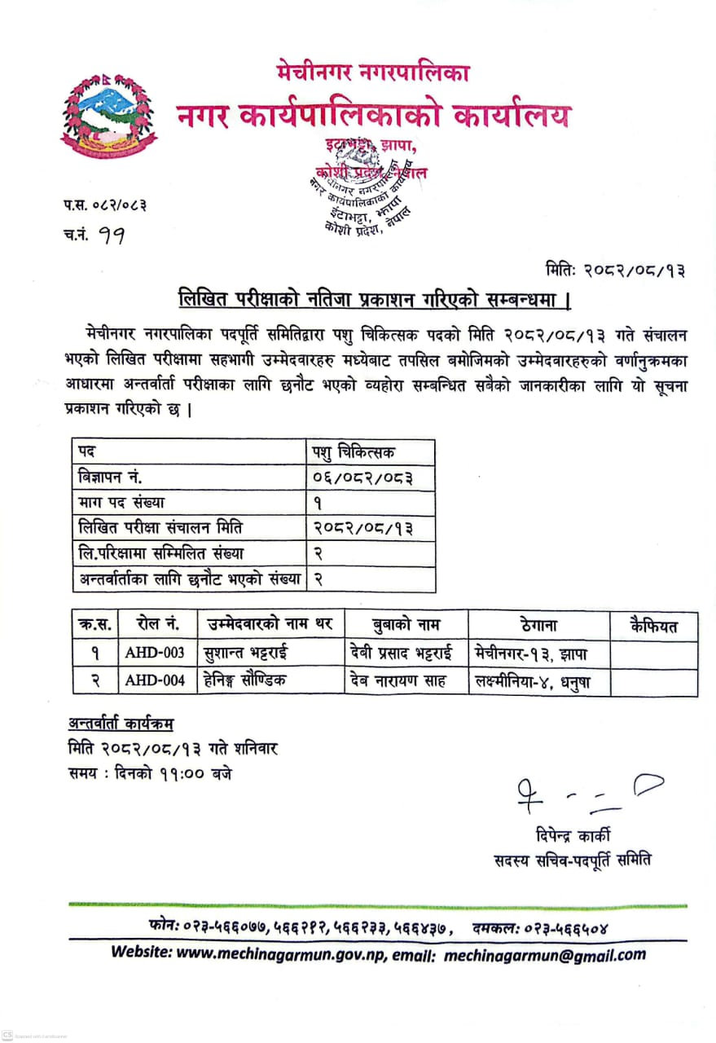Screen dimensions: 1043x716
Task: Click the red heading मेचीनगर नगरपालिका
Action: pos(372,74)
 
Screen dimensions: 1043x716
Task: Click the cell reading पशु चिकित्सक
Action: pos(353,451)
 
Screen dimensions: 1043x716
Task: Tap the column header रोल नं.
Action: pos(158,625)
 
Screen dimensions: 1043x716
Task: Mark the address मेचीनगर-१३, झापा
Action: pos(530,653)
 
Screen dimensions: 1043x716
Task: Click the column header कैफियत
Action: pos(654,626)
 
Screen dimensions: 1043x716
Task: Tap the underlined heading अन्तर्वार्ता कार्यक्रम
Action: pos(121,724)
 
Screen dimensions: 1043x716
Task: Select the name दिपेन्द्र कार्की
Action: pos(573,835)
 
